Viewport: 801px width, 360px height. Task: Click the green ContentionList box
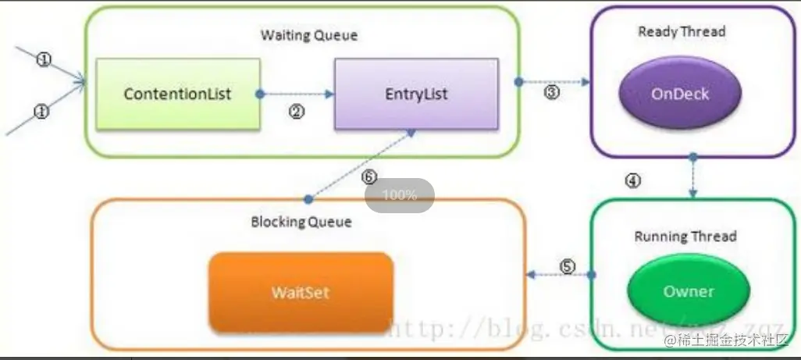177,94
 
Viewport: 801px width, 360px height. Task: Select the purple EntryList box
416,94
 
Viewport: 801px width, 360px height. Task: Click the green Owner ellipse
688,291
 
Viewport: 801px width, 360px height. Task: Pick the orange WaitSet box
300,293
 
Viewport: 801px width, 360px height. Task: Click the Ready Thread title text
681,32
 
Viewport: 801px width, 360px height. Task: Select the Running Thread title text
685,236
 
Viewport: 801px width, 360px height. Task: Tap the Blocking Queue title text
301,222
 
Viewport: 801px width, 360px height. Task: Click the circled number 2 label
296,112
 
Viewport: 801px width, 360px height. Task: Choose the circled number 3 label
552,92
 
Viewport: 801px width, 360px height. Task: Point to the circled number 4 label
633,180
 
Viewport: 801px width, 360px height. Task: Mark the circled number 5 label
568,266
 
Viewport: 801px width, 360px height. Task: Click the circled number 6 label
369,176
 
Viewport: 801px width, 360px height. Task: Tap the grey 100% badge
400,195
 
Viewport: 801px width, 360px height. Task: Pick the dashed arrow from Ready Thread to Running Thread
692,178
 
